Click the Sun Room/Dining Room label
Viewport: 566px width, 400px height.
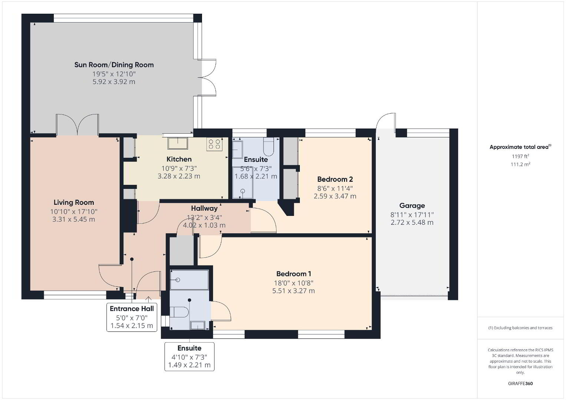(x=114, y=65)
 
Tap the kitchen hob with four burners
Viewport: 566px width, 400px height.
(x=214, y=144)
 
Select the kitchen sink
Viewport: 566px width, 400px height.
(x=178, y=143)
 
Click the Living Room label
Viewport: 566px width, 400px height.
(x=74, y=202)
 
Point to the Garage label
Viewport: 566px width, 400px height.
(x=412, y=206)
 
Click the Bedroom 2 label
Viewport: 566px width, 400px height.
(x=335, y=179)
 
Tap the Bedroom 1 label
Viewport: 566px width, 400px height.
(x=294, y=274)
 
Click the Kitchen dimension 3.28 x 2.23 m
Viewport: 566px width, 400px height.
(x=179, y=176)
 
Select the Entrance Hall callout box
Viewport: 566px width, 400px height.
(x=132, y=317)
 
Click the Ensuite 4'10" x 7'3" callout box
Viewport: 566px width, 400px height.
(x=189, y=357)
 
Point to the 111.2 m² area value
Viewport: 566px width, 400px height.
(x=520, y=164)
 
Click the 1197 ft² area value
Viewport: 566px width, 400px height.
(x=520, y=156)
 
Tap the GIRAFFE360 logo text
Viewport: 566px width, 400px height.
(x=520, y=383)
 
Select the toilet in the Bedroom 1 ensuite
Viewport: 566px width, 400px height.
(x=179, y=312)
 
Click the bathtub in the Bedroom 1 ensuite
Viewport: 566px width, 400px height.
(x=189, y=280)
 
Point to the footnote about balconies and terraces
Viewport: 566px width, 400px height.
(x=520, y=328)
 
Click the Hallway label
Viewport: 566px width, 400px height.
(x=204, y=208)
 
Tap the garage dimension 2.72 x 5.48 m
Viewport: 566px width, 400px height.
(x=412, y=223)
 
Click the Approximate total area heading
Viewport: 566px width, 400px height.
(x=520, y=147)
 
